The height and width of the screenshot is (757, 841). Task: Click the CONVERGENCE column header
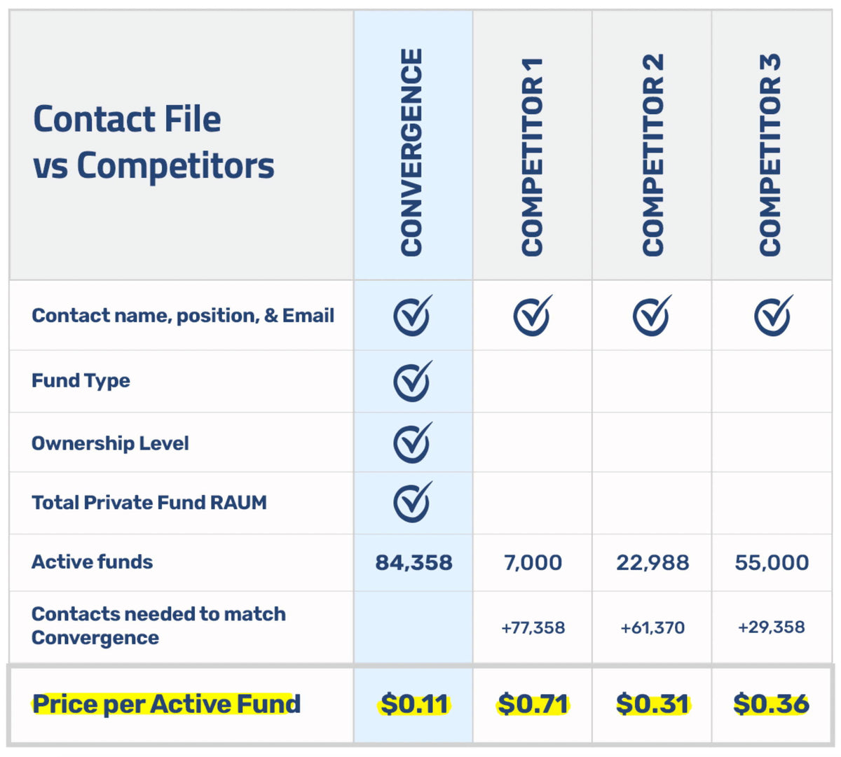[x=412, y=152]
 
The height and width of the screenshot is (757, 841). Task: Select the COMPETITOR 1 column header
[x=533, y=157]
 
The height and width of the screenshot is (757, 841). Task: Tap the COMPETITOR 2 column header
[x=652, y=155]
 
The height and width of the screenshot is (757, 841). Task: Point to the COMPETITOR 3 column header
[x=770, y=155]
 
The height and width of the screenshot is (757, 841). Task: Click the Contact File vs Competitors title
[x=153, y=142]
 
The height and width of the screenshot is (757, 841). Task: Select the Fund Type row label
[x=81, y=381]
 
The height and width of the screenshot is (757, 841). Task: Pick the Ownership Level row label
[x=110, y=443]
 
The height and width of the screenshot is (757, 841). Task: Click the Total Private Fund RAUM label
[x=149, y=503]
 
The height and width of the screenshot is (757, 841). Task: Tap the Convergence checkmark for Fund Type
[x=412, y=381]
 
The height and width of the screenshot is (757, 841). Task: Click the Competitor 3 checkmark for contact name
[x=773, y=315]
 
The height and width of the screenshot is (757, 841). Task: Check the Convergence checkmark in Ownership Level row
[x=412, y=443]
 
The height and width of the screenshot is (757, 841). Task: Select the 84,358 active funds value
[x=413, y=562]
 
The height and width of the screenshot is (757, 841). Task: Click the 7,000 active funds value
[x=533, y=562]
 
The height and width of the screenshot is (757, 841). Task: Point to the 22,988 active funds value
[x=652, y=562]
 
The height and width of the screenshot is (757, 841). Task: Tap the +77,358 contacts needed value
[x=533, y=627]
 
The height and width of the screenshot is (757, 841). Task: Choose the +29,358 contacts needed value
[x=771, y=627]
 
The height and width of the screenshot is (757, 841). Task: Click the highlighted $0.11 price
[x=414, y=704]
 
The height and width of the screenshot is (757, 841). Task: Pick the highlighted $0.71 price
[x=533, y=704]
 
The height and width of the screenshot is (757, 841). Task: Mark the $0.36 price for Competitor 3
[x=771, y=704]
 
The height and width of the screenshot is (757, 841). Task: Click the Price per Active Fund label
[x=166, y=704]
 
